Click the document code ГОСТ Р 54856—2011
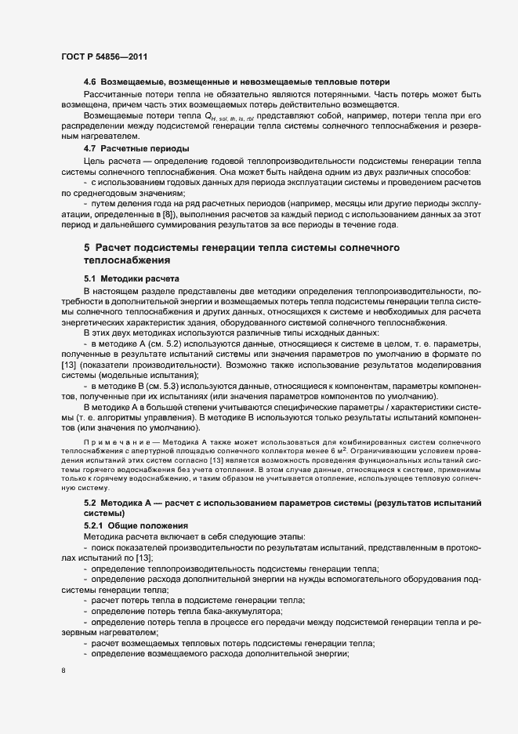103,57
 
